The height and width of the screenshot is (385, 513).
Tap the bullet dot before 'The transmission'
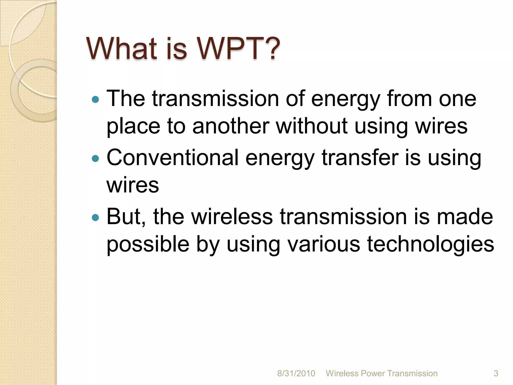coord(95,100)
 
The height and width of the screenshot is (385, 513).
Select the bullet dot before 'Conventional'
coord(95,158)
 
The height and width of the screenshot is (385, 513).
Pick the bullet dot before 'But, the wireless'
coord(95,217)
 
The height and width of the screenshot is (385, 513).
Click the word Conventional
coord(172,158)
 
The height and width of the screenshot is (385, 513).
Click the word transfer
coord(360,158)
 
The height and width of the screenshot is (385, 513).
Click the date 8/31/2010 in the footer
coord(296,373)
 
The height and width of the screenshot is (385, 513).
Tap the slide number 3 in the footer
coord(496,373)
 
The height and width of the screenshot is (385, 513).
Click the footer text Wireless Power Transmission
coord(381,373)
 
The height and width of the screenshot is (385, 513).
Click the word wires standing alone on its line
coord(133,185)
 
